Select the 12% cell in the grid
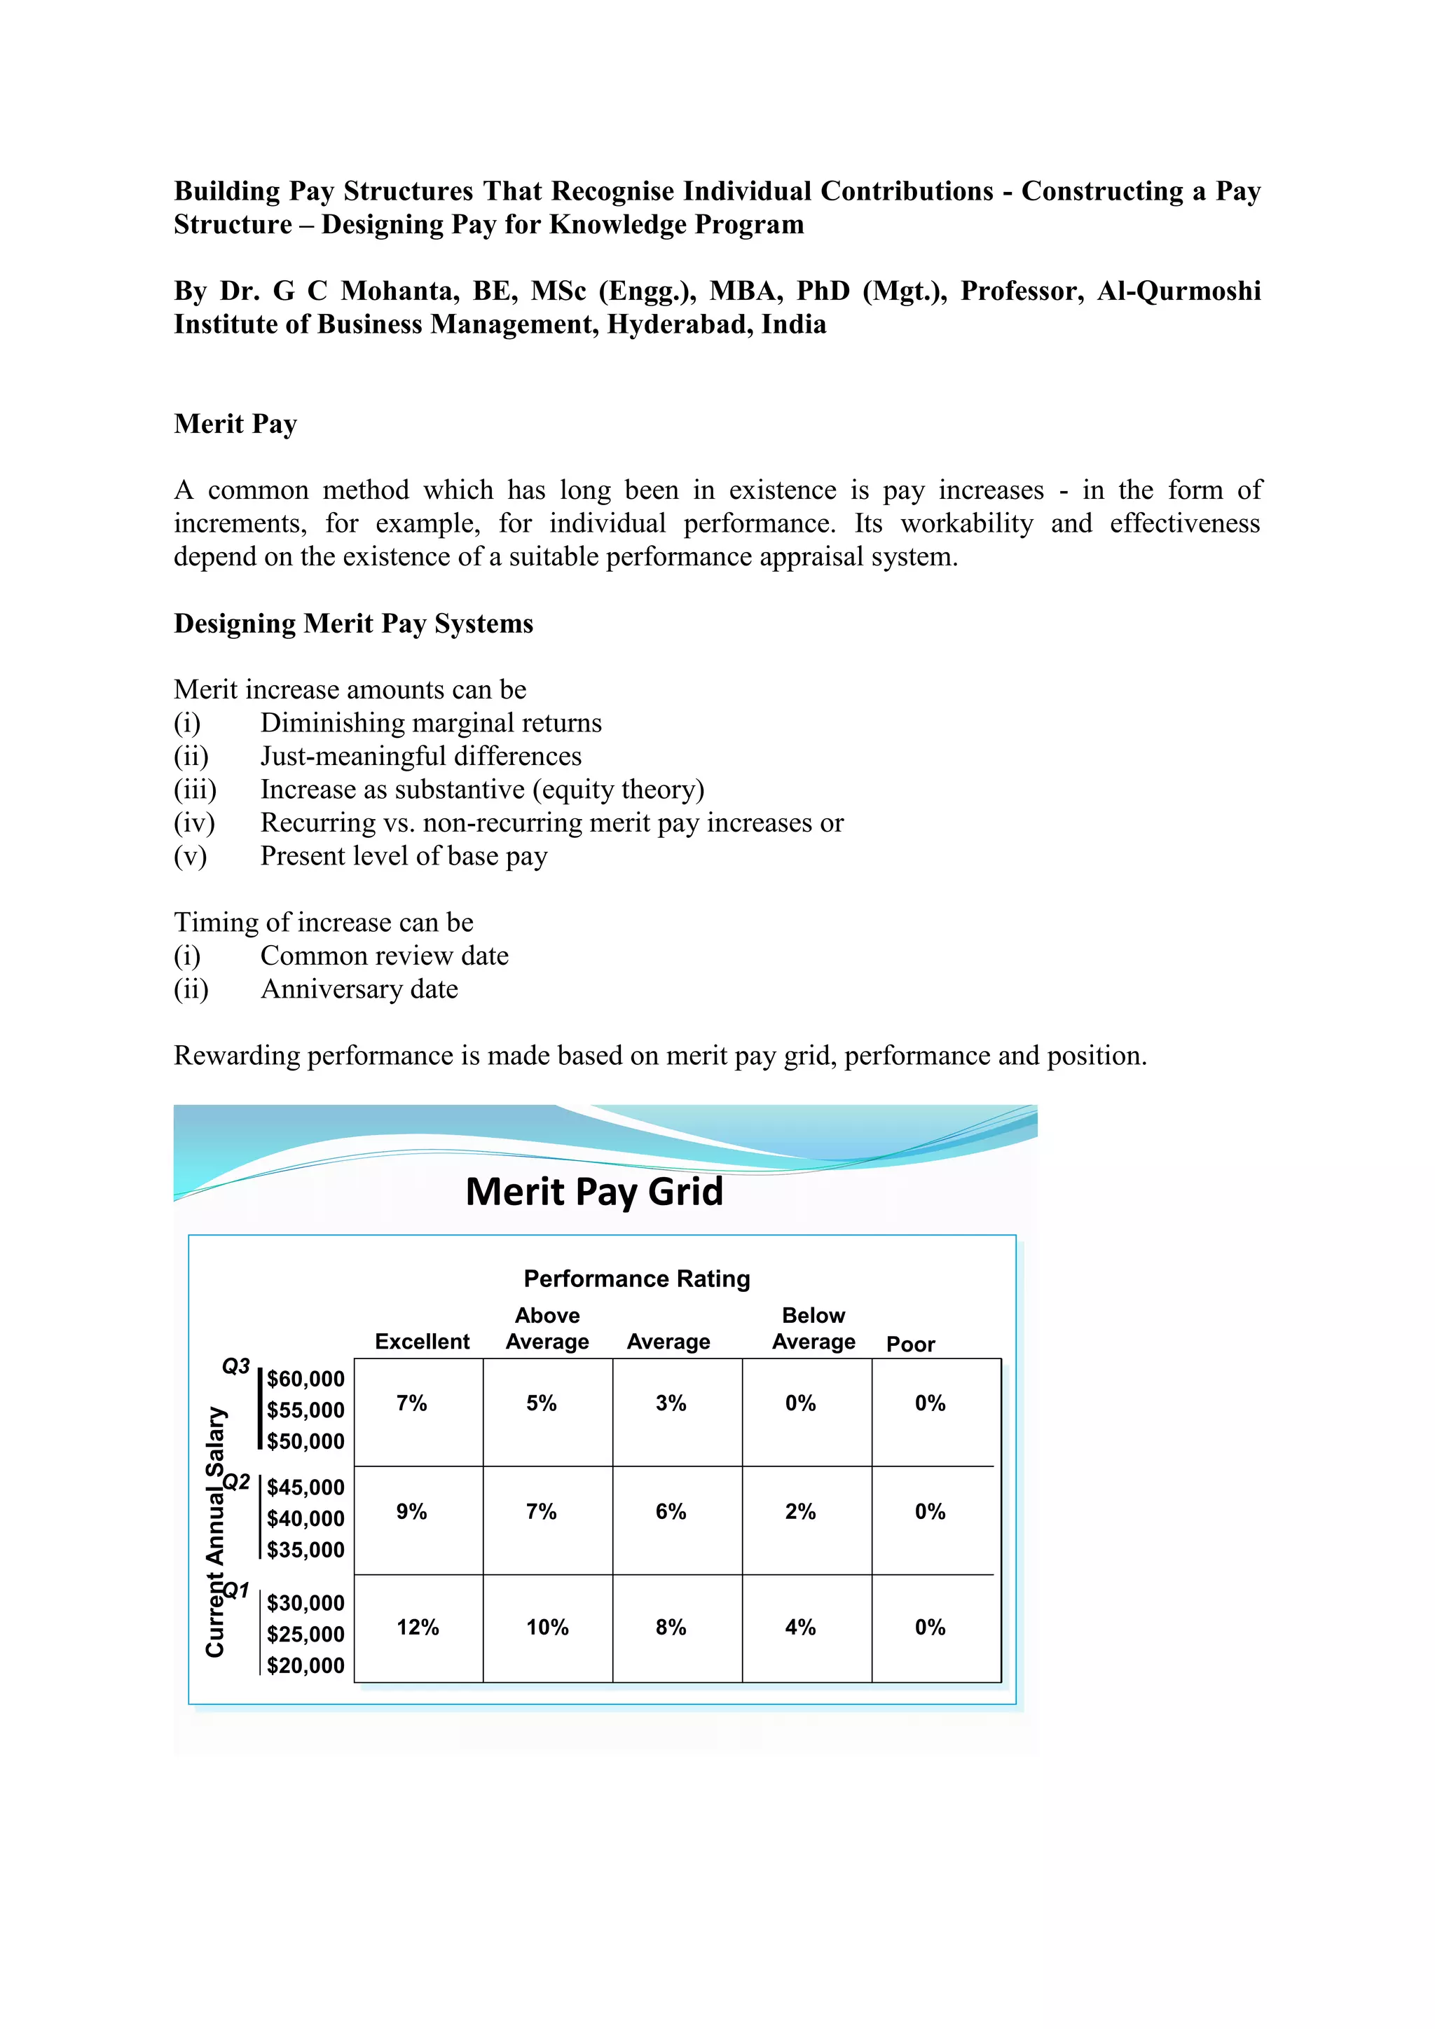(x=417, y=1627)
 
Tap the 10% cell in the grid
(x=547, y=1627)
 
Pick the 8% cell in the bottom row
(x=671, y=1627)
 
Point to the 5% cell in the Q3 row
(x=541, y=1403)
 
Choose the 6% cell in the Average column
(x=671, y=1511)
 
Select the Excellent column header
(x=422, y=1342)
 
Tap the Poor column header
(x=910, y=1344)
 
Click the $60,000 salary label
(x=305, y=1379)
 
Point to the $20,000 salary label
(x=305, y=1666)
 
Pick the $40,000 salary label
(x=305, y=1518)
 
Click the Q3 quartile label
(x=236, y=1366)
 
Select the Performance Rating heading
(x=636, y=1279)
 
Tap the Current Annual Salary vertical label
(x=214, y=1532)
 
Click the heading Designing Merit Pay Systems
(x=353, y=624)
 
